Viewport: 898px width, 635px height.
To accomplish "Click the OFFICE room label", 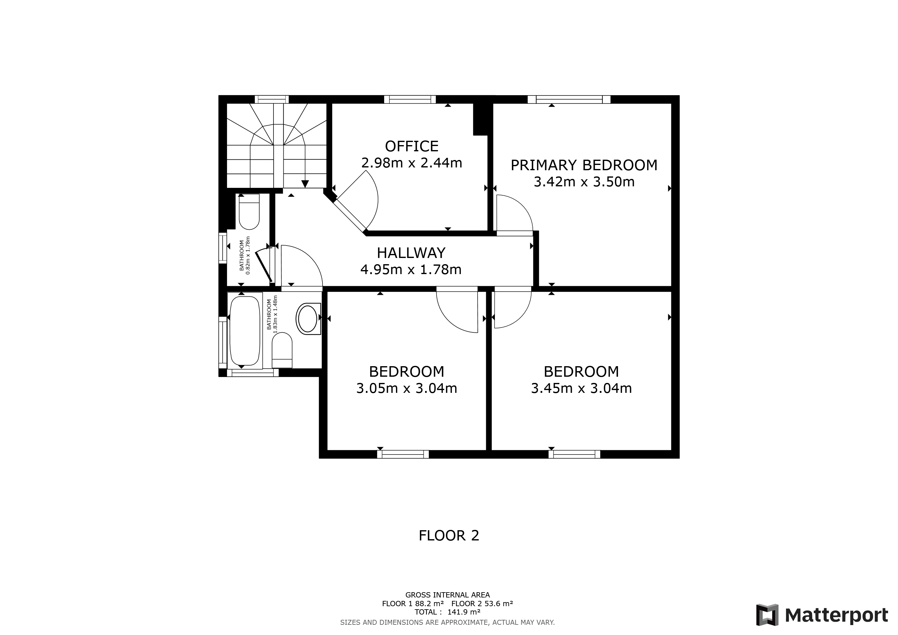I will pyautogui.click(x=411, y=146).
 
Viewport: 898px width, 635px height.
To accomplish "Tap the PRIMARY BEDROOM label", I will pyautogui.click(x=584, y=165).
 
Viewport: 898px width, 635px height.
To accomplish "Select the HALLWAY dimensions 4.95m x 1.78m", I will pyautogui.click(x=411, y=270).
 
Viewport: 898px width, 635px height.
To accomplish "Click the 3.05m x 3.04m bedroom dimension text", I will pyautogui.click(x=407, y=388).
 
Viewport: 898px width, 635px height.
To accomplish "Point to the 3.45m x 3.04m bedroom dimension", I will pyautogui.click(x=581, y=388).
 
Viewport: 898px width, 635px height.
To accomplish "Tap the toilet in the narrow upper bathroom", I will pyautogui.click(x=249, y=213).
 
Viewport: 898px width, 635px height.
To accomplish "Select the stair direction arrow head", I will pyautogui.click(x=305, y=184).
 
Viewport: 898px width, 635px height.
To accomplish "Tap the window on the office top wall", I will pyautogui.click(x=410, y=99).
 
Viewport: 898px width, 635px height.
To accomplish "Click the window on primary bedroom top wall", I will pyautogui.click(x=569, y=99).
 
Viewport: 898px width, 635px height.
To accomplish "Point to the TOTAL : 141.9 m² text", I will pyautogui.click(x=447, y=612).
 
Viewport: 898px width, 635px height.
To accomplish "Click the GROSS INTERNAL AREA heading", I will pyautogui.click(x=447, y=595).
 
